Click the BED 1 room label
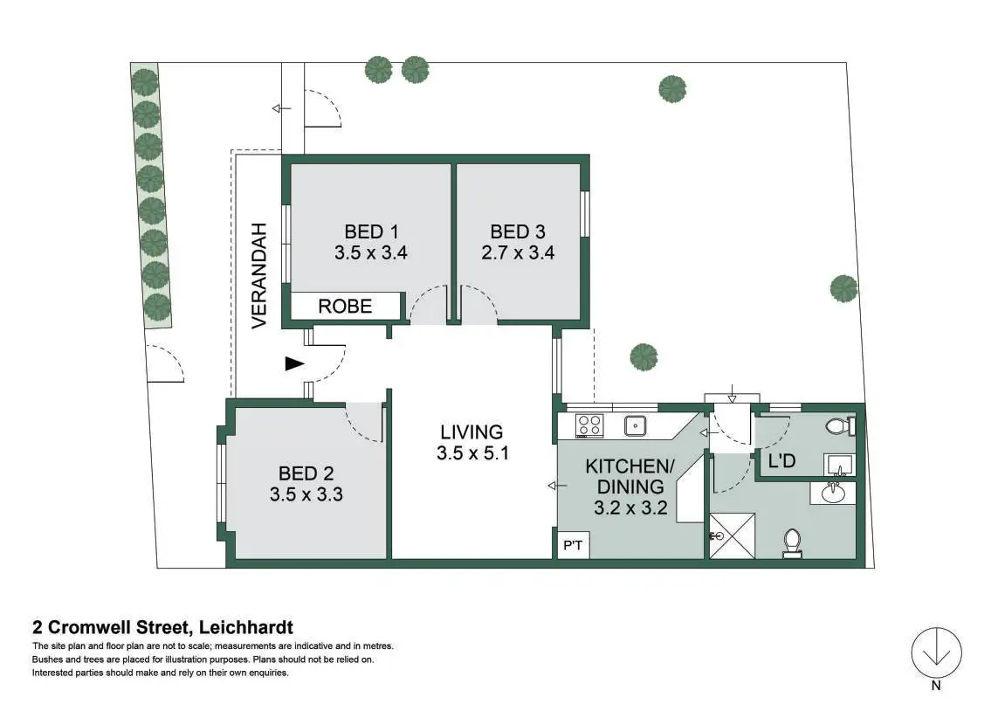click(371, 231)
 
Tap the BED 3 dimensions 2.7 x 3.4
click(518, 253)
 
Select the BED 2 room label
click(306, 473)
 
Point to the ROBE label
click(345, 307)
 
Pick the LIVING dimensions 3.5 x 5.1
click(472, 453)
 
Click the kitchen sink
click(635, 426)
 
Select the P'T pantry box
click(573, 546)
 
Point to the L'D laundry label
click(781, 460)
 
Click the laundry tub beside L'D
click(837, 463)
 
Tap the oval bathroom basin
click(836, 494)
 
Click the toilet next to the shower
click(793, 542)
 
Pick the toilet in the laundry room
click(838, 426)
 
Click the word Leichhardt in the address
click(245, 626)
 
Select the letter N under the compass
click(936, 687)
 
